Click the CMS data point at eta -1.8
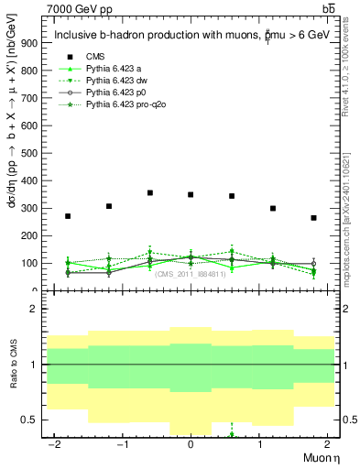click(68, 216)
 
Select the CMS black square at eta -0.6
click(149, 193)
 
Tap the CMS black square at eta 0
click(191, 195)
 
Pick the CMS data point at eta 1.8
click(313, 218)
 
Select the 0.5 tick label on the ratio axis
click(29, 420)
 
